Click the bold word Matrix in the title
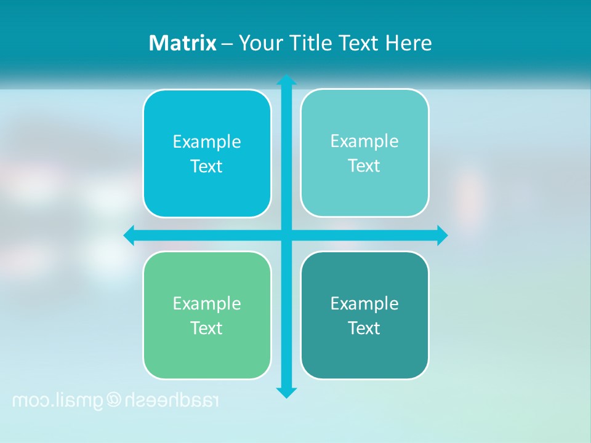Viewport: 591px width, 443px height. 182,43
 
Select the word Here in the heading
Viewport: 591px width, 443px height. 408,43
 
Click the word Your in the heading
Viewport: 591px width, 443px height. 260,43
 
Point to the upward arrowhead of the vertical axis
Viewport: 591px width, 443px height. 286,81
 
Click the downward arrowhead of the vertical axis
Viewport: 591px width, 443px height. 286,392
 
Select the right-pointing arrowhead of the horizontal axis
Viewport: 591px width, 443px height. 441,236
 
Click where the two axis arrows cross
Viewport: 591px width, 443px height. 286,236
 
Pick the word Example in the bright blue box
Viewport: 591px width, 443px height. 207,142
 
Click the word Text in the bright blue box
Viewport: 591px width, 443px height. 207,166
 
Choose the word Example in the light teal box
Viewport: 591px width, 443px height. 364,142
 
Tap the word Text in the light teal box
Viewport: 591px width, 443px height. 364,166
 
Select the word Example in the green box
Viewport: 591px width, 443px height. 207,304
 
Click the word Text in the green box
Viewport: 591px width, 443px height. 207,328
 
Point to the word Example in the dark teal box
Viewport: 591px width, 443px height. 364,304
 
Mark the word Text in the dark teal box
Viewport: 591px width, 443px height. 364,328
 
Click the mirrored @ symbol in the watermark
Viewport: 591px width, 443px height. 115,401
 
